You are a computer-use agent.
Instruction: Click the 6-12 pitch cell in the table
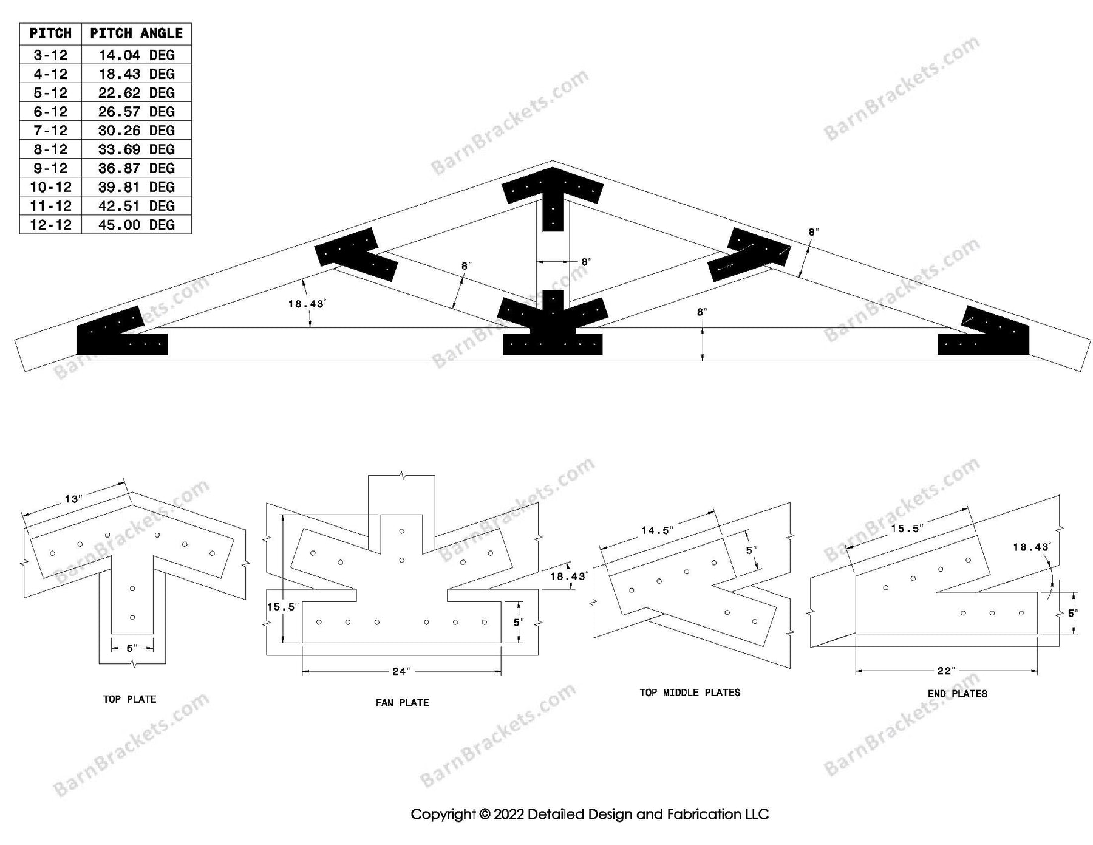50,112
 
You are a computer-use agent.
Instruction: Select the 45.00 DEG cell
136,225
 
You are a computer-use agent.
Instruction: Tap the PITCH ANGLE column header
136,33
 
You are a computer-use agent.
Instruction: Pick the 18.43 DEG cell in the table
136,74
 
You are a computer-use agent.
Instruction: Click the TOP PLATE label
129,699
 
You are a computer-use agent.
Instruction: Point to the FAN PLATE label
402,703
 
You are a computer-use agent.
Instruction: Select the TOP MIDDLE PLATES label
690,693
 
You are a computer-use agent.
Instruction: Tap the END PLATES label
957,694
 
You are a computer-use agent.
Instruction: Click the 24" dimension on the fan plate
401,671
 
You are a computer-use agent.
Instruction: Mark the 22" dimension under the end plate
945,671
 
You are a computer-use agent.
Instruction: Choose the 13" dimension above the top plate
72,499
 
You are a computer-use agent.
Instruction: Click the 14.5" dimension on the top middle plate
657,530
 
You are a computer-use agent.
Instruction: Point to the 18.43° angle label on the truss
307,304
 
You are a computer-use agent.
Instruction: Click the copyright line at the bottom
589,814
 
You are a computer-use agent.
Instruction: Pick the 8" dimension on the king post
586,262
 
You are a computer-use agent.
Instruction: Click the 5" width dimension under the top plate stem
132,648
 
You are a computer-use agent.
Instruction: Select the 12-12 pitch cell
50,225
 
